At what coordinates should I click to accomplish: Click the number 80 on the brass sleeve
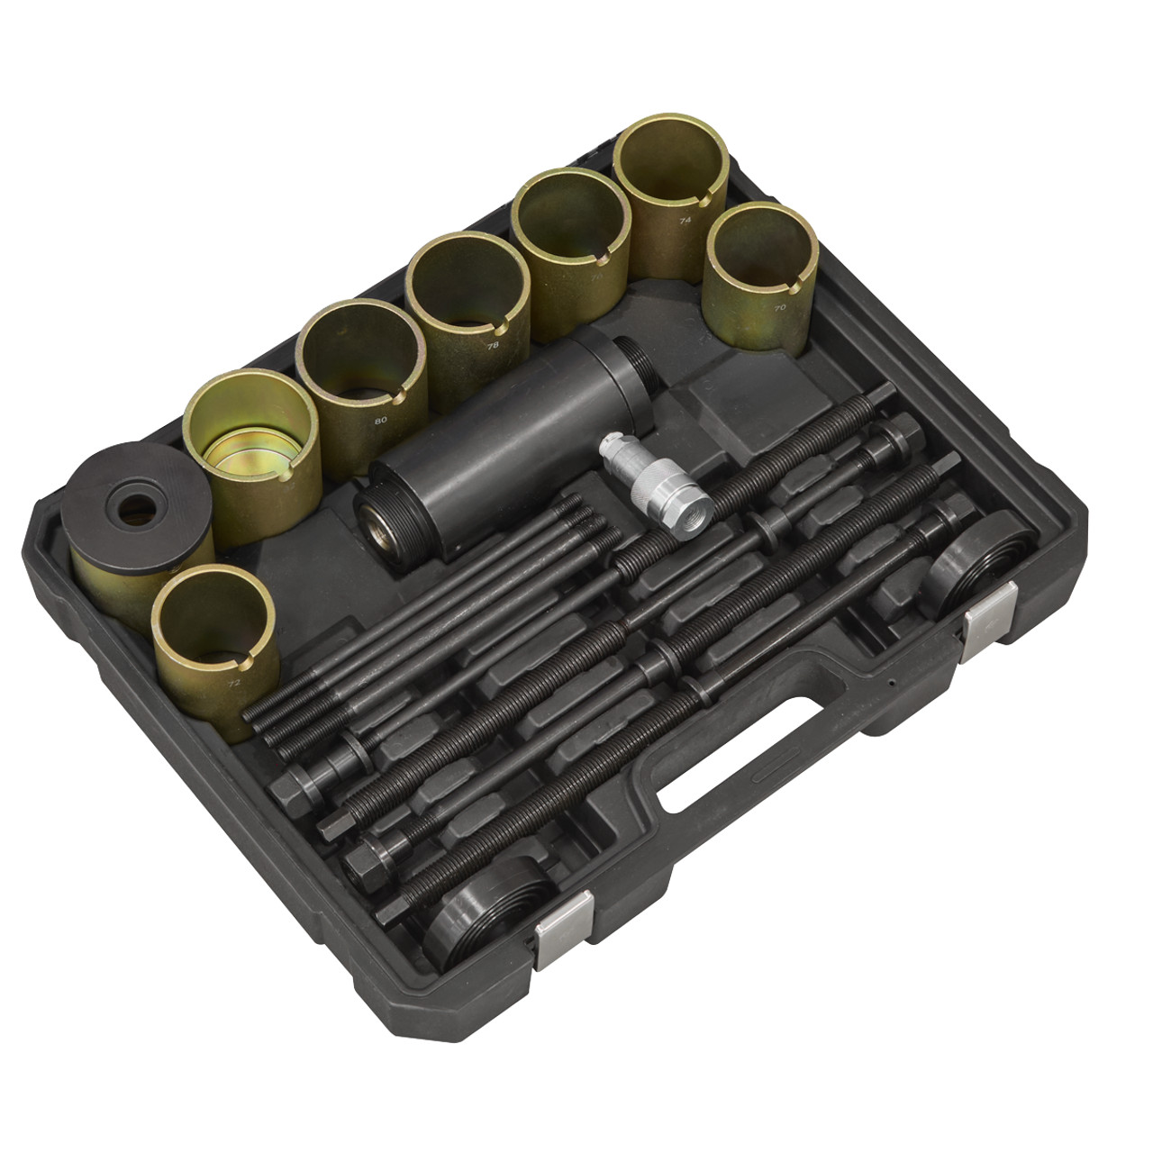tap(381, 420)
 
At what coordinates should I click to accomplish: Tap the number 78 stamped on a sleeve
tap(493, 343)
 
